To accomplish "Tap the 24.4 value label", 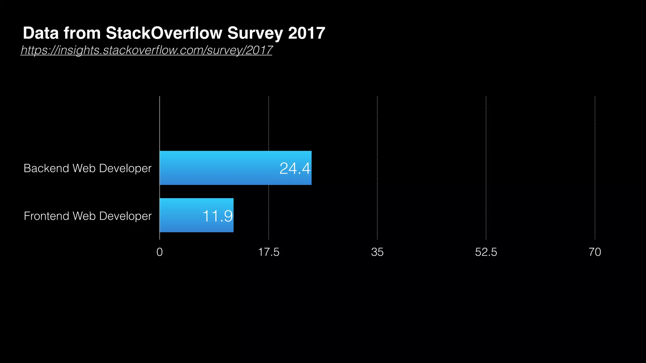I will pyautogui.click(x=295, y=168).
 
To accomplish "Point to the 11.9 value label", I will pyautogui.click(x=217, y=216).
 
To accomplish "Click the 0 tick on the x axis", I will pyautogui.click(x=160, y=252).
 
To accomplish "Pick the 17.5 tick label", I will pyautogui.click(x=268, y=252).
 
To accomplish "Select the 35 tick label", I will pyautogui.click(x=377, y=252).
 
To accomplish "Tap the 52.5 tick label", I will pyautogui.click(x=486, y=252).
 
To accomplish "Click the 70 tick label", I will pyautogui.click(x=595, y=252).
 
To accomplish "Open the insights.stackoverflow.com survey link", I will pyautogui.click(x=146, y=50).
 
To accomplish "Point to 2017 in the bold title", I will pyautogui.click(x=306, y=33).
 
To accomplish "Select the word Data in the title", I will pyautogui.click(x=41, y=33).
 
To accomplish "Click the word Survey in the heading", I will pyautogui.click(x=255, y=33).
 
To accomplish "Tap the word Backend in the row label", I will pyautogui.click(x=46, y=168).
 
